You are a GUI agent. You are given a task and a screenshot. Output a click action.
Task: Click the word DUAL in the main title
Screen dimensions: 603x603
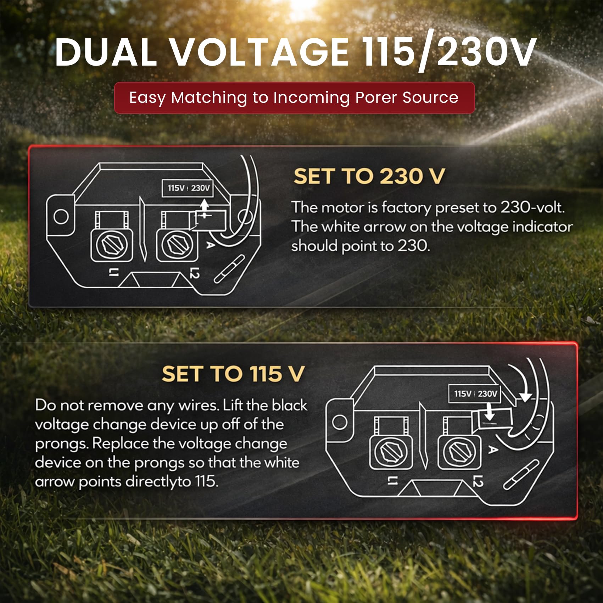(106, 52)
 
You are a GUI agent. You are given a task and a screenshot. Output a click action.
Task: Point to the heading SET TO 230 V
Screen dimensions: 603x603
(369, 176)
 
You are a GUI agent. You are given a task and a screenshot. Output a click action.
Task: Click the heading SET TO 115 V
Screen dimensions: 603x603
(233, 374)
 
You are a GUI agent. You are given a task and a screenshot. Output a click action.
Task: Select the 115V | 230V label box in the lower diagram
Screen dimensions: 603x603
(475, 394)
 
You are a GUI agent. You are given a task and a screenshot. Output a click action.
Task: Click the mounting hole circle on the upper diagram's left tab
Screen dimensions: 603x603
(61, 216)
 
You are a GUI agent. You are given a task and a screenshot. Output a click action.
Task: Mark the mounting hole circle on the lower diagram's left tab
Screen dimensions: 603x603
(340, 422)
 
